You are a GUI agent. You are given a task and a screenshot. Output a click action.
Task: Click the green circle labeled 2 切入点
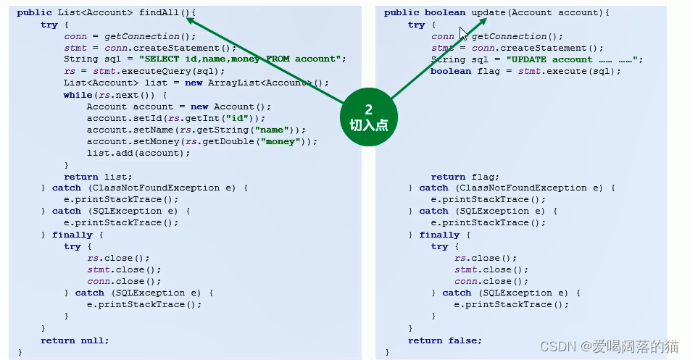click(x=368, y=117)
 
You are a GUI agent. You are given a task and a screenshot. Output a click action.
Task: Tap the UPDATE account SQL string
click(x=573, y=59)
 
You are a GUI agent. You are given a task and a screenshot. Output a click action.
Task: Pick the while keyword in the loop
click(x=78, y=95)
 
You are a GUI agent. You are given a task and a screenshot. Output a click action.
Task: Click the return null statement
click(x=75, y=340)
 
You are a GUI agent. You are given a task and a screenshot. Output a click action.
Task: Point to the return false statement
click(x=445, y=340)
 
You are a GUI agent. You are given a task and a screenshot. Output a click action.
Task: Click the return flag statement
click(x=465, y=177)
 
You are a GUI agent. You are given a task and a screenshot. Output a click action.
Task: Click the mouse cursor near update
click(x=463, y=33)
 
